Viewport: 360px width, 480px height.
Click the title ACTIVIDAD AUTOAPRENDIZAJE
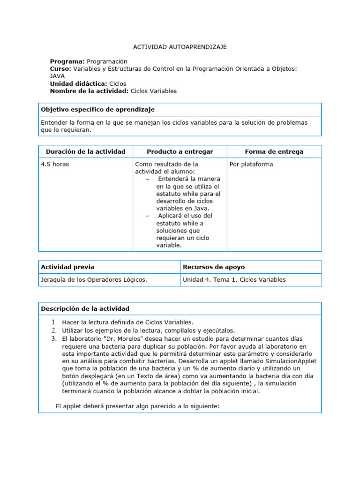pyautogui.click(x=180, y=47)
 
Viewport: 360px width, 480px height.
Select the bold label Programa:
pyautogui.click(x=67, y=61)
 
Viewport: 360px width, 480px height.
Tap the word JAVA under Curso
pyautogui.click(x=57, y=75)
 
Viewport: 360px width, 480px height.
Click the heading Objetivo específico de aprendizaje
pyautogui.click(x=97, y=109)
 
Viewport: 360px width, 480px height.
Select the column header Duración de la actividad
pyautogui.click(x=85, y=151)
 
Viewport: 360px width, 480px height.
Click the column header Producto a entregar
pyautogui.click(x=180, y=151)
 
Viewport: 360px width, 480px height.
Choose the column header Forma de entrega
pyautogui.click(x=274, y=151)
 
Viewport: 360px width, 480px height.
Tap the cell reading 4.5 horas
pyautogui.click(x=56, y=165)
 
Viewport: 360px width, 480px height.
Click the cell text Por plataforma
pyautogui.click(x=251, y=165)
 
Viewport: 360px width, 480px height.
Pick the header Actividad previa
pyautogui.click(x=67, y=267)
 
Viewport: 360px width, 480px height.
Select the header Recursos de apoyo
pyautogui.click(x=213, y=267)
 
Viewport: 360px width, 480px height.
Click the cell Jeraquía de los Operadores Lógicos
pyautogui.click(x=94, y=280)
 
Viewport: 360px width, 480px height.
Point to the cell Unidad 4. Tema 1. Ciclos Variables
pyautogui.click(x=234, y=280)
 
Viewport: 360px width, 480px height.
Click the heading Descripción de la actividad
pyautogui.click(x=85, y=308)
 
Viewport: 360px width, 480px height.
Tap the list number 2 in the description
pyautogui.click(x=54, y=330)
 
